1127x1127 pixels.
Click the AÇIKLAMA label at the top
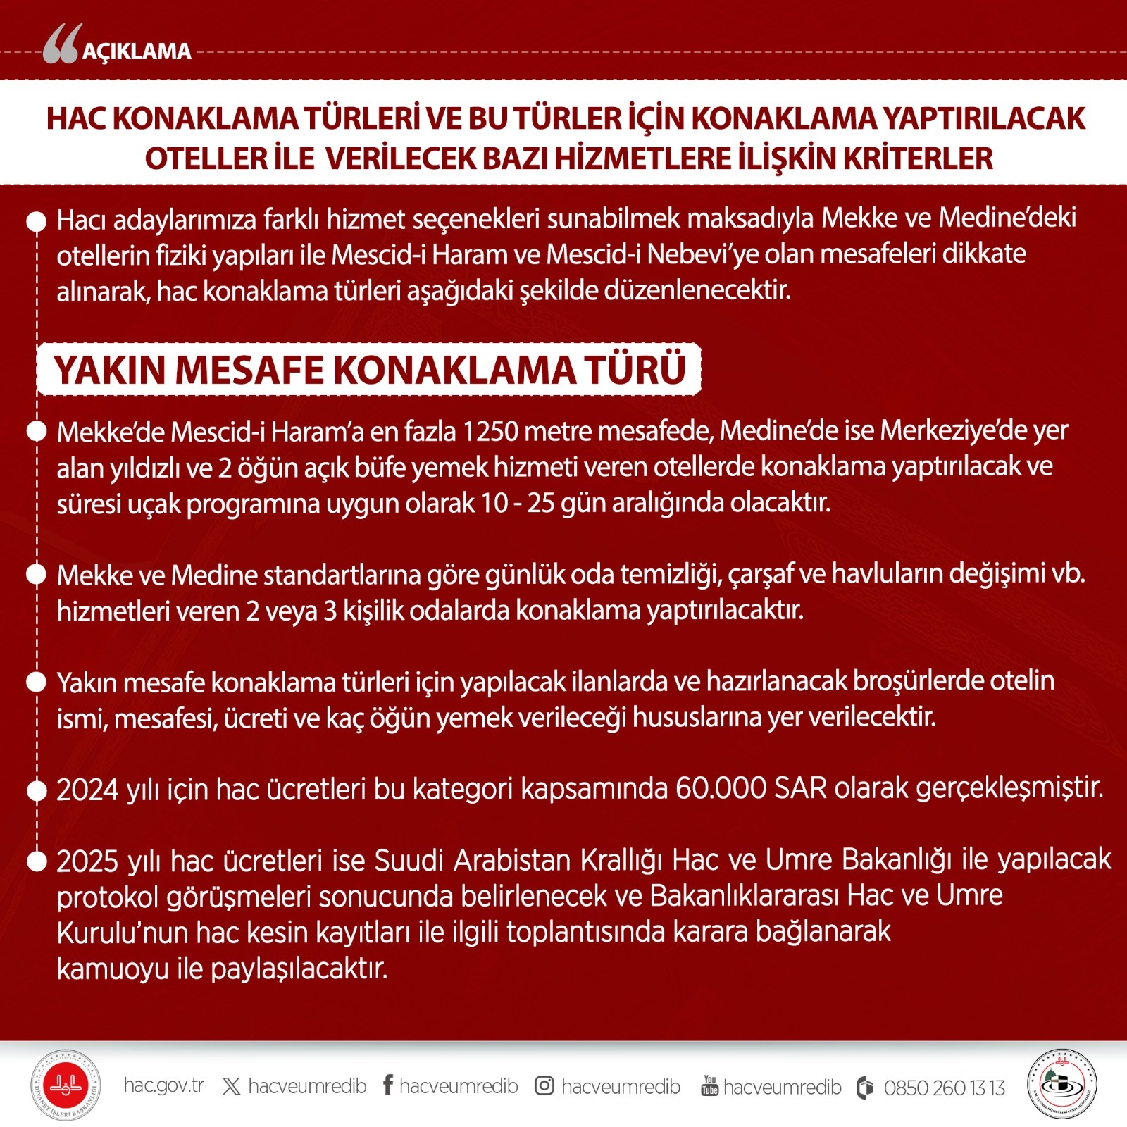point(137,51)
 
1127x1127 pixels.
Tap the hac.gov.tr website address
point(163,1085)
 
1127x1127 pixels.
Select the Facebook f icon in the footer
point(388,1085)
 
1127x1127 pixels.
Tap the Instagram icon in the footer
point(544,1085)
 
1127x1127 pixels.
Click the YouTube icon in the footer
point(709,1085)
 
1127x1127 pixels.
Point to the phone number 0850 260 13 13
point(944,1088)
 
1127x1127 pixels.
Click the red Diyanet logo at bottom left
point(66,1085)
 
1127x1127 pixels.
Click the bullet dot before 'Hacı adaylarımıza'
point(36,220)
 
